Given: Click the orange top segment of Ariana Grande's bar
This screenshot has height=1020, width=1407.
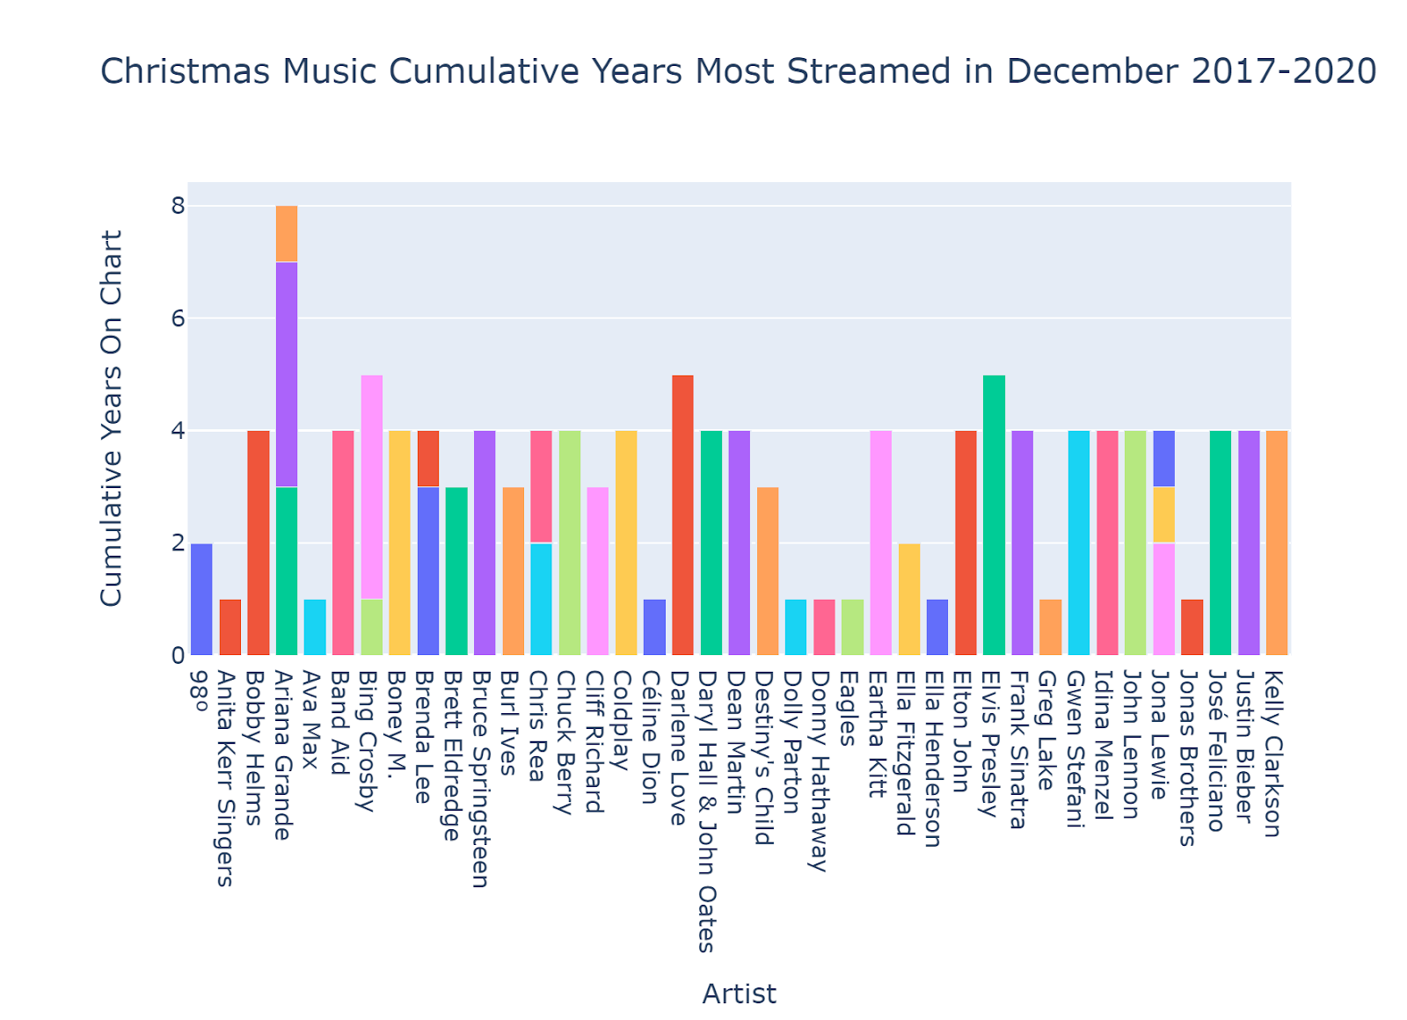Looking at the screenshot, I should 287,234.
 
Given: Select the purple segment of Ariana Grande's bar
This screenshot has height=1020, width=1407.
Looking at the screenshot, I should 287,374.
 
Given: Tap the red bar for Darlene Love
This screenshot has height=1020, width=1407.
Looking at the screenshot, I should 682,514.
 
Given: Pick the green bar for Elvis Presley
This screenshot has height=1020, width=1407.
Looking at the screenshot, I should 994,514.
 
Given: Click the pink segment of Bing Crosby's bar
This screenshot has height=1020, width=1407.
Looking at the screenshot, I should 372,486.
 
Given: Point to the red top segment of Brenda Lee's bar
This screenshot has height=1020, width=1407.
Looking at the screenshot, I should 428,458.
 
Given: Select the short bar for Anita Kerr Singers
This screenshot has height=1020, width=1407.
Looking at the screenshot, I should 230,627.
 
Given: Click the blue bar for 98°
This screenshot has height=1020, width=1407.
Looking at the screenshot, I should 201,599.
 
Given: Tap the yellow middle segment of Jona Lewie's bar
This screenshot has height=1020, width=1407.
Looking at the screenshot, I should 1163,514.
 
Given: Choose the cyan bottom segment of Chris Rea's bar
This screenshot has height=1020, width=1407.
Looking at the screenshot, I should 542,599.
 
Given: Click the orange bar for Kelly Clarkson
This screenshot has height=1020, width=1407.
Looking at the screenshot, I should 1277,543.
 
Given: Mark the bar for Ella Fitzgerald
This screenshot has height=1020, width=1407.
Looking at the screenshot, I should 909,599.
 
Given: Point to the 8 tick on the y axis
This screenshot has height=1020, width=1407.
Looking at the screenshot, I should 179,206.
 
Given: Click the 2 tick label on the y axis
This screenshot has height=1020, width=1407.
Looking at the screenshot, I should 179,543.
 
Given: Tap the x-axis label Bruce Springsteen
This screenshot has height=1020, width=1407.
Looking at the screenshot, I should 480,778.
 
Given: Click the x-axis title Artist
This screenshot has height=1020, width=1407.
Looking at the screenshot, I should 739,994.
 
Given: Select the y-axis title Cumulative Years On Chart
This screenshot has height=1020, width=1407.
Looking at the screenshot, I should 112,418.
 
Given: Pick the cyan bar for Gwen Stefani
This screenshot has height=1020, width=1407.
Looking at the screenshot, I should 1079,543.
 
